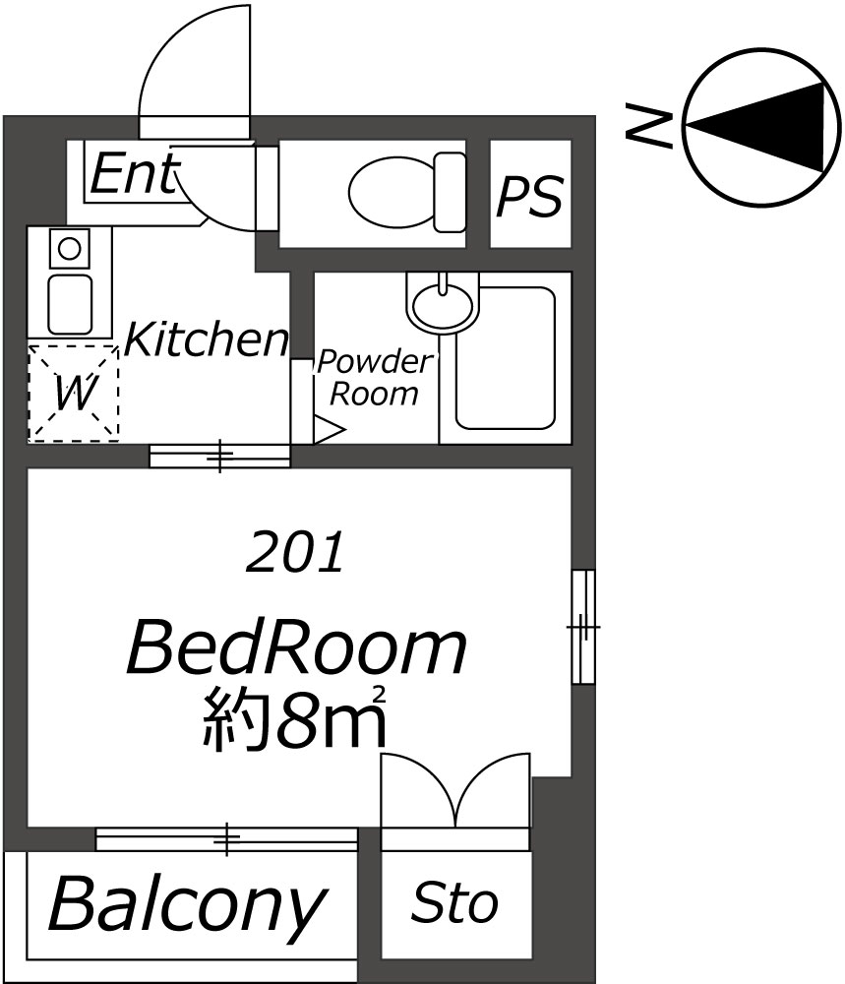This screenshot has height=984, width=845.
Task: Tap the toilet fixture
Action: pos(406,192)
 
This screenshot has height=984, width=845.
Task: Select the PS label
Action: pos(529,197)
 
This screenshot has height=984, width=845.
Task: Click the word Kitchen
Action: pos(207,339)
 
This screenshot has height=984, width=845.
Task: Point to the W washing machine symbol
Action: pos(74,394)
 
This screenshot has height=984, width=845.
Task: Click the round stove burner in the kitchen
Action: pos(69,249)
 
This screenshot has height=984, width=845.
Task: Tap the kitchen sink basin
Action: pos(70,304)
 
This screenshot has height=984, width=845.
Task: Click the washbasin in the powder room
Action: pos(443,303)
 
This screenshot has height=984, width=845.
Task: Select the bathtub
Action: pos(505,358)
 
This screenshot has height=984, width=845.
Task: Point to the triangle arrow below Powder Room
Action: pos(329,431)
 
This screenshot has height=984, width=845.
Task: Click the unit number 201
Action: pos(295,552)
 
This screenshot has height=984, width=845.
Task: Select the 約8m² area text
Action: pos(294,717)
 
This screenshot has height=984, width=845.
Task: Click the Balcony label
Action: pos(188,905)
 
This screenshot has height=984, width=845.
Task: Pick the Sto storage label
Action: pos(454,902)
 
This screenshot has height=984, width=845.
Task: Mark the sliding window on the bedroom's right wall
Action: pos(583,627)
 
